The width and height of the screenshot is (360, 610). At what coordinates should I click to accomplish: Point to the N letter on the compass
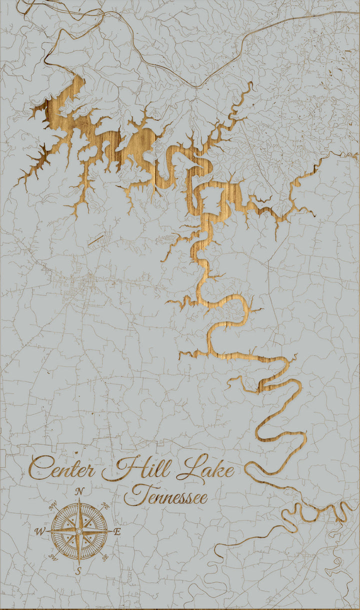tap(79, 491)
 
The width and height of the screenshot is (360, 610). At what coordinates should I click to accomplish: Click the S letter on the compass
tap(78, 570)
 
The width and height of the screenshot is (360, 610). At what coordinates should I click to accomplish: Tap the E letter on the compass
tap(117, 532)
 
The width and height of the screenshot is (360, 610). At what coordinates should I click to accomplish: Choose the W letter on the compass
tap(39, 531)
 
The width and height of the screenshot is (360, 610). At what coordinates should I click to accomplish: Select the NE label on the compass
tap(105, 506)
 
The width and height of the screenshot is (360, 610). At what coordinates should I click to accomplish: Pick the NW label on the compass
tap(53, 506)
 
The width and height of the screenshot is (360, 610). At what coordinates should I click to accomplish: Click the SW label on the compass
tap(53, 556)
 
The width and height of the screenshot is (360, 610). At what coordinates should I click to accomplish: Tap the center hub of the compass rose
tap(79, 530)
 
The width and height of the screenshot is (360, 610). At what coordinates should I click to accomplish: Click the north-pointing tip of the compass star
tap(79, 499)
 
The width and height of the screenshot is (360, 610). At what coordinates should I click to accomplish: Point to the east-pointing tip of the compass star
tap(110, 530)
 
